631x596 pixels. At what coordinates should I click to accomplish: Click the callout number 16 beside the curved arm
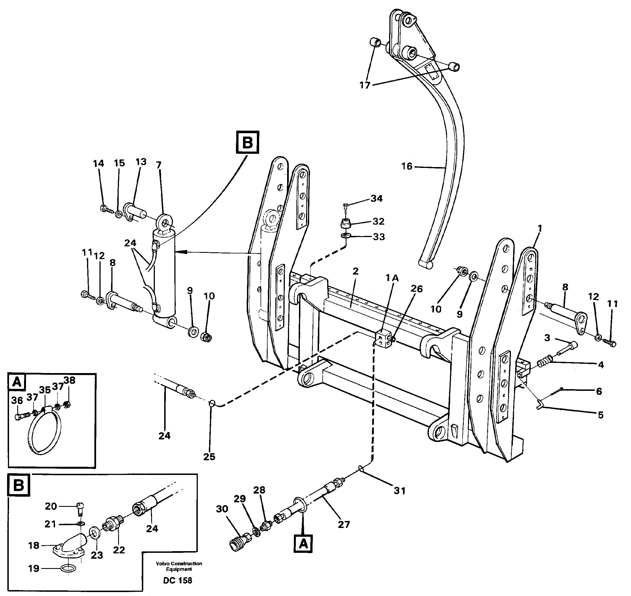pyautogui.click(x=407, y=166)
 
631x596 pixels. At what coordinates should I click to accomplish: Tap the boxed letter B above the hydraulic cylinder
pyautogui.click(x=248, y=143)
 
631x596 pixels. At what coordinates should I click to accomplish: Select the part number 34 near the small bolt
pyautogui.click(x=377, y=199)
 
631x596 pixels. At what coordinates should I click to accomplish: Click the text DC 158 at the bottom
pyautogui.click(x=177, y=580)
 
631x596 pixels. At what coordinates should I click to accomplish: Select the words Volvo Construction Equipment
pyautogui.click(x=179, y=566)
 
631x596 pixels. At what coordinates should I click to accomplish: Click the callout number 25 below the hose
pyautogui.click(x=209, y=457)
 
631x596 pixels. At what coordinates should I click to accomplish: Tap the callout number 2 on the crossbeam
pyautogui.click(x=355, y=271)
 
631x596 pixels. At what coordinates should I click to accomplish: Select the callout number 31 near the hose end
pyautogui.click(x=400, y=491)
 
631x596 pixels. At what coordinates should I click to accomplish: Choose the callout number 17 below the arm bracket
pyautogui.click(x=365, y=85)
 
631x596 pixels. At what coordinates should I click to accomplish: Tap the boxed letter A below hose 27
pyautogui.click(x=303, y=544)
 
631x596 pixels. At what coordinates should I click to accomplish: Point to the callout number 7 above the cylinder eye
pyautogui.click(x=159, y=165)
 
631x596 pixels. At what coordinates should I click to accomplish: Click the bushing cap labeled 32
pyautogui.click(x=346, y=224)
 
